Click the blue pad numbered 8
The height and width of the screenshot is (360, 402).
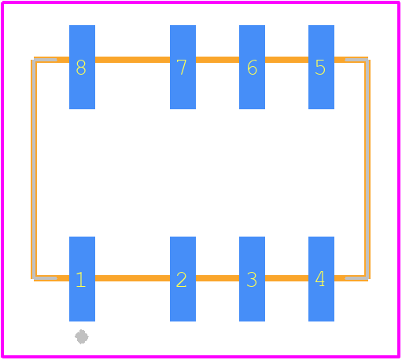point(82,67)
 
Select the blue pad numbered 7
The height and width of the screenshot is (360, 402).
point(183,67)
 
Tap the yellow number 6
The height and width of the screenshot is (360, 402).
point(252,68)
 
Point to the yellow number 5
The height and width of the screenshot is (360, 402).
point(320,68)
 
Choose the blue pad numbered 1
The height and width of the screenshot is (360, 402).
point(82,279)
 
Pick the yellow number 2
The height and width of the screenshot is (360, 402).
point(182,280)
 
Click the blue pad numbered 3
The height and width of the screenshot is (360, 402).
point(252,279)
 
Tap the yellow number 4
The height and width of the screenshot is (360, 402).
point(320,279)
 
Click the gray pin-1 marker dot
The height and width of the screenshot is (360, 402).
point(82,336)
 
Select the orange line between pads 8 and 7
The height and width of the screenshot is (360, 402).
point(132,60)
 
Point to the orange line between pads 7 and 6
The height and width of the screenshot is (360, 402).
point(217,60)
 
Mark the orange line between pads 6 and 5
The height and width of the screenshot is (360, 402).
point(286,60)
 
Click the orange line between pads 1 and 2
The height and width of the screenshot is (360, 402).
point(132,278)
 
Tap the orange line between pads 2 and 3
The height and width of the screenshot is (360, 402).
point(217,278)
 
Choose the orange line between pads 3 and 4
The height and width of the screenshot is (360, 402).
point(286,278)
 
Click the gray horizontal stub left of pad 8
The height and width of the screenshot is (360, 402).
point(45,60)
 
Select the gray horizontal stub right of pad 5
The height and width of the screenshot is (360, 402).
point(357,60)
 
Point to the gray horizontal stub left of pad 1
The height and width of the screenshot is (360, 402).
point(46,278)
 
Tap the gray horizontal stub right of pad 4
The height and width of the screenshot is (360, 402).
point(357,278)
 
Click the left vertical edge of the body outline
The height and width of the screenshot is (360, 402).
point(34,169)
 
